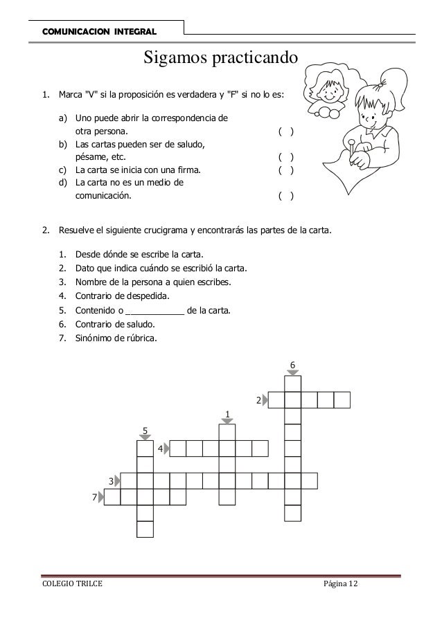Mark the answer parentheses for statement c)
(x=285, y=170)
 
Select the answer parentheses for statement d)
(x=285, y=196)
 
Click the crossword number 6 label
(x=292, y=364)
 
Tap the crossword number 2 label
(x=258, y=400)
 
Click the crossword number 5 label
(x=145, y=431)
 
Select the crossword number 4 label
(x=160, y=449)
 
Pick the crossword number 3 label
(x=110, y=480)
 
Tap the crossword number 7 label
(x=94, y=497)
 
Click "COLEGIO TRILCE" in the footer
(x=67, y=587)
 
